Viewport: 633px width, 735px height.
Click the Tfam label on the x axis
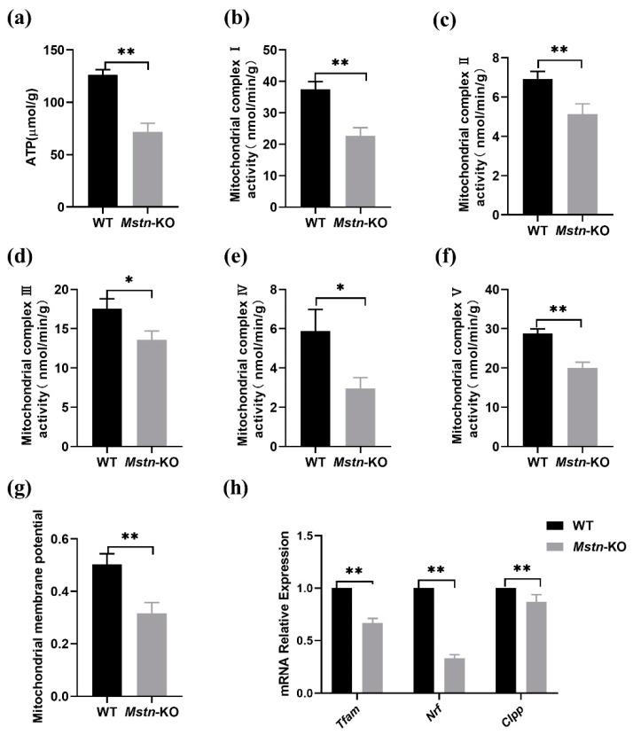click(x=346, y=713)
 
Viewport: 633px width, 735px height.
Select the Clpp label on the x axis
click(x=515, y=713)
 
